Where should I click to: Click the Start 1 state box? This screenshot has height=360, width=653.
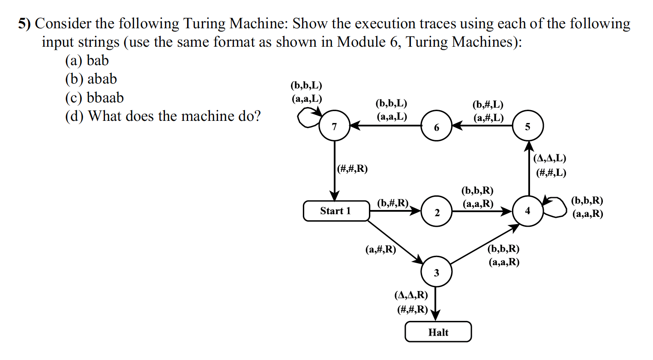[336, 211]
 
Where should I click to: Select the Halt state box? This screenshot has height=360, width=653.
[438, 332]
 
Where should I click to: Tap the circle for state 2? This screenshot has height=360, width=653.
[436, 212]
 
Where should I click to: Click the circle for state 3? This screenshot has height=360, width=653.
[436, 272]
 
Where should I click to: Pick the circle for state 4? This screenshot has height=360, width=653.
[527, 211]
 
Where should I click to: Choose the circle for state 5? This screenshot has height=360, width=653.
[527, 126]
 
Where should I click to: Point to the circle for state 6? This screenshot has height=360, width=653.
[436, 126]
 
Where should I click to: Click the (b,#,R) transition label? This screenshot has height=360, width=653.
[392, 203]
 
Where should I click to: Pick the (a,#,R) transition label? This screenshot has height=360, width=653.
[380, 249]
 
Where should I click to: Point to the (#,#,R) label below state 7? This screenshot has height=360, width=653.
[352, 168]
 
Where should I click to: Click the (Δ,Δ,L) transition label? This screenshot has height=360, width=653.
[550, 158]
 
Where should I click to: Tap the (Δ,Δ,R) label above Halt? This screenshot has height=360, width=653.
[411, 295]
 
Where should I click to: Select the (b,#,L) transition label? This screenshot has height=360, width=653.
[488, 105]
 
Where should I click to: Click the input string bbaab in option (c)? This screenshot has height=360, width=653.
[105, 98]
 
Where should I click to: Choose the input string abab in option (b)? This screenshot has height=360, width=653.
[102, 79]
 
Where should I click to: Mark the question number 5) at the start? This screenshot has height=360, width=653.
[24, 24]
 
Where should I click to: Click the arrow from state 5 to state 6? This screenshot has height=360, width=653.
[482, 126]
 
